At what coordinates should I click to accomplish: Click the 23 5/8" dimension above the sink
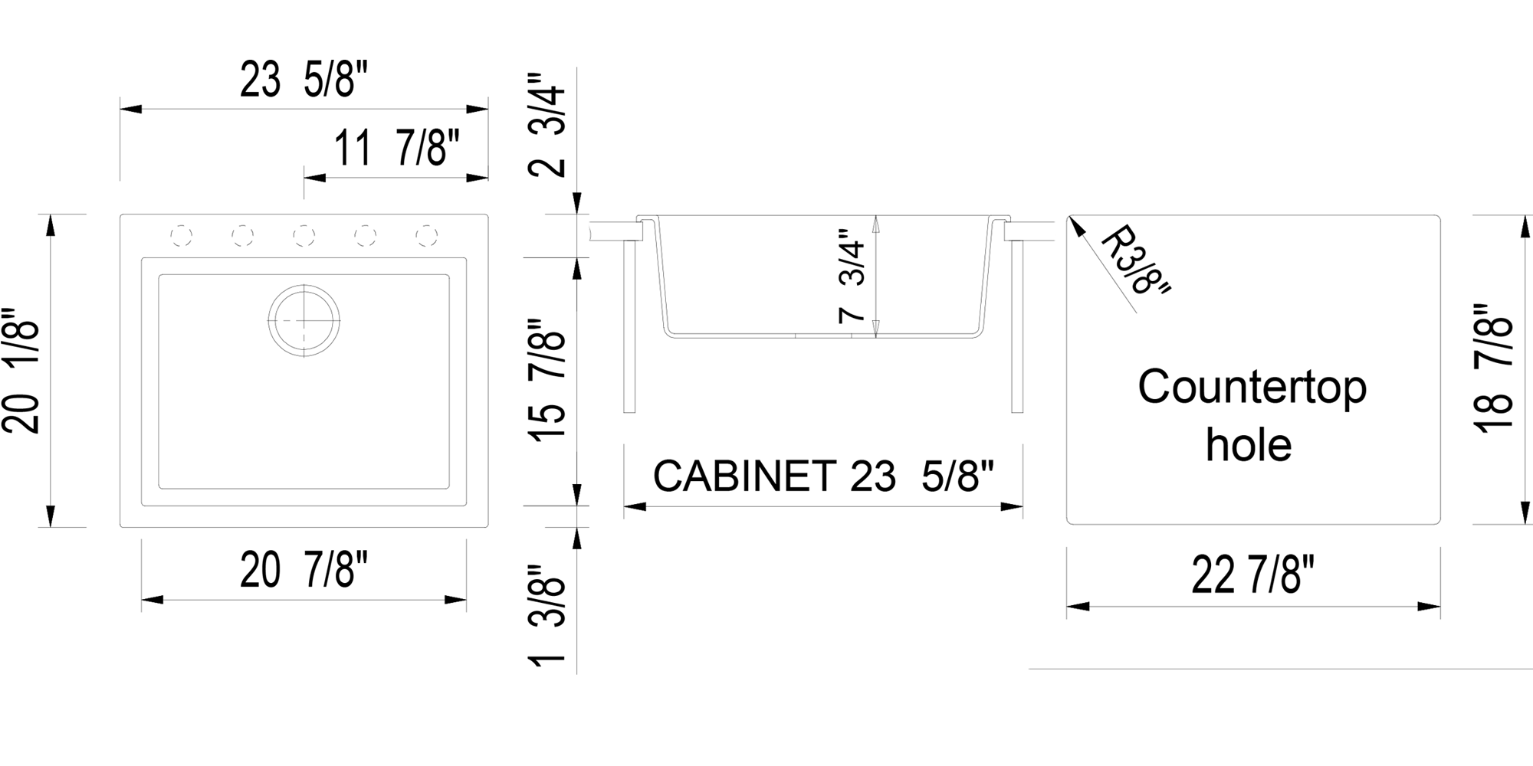[x=304, y=80]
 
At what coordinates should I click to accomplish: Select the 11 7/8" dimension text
[x=396, y=148]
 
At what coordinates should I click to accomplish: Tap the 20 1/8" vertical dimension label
[x=21, y=371]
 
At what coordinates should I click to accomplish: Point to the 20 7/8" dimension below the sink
[x=304, y=571]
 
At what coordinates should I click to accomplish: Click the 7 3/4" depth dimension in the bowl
[x=852, y=276]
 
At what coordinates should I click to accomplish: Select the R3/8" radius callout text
[x=1135, y=260]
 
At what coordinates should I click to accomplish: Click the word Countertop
[x=1252, y=387]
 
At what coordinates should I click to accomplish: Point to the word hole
[x=1249, y=444]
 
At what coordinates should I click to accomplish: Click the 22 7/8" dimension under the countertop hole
[x=1252, y=575]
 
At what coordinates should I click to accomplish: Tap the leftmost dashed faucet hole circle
[x=182, y=235]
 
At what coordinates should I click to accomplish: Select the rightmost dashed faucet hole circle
[x=427, y=235]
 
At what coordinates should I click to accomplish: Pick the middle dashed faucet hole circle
[x=304, y=235]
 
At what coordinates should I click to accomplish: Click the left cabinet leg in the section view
[x=629, y=326]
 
